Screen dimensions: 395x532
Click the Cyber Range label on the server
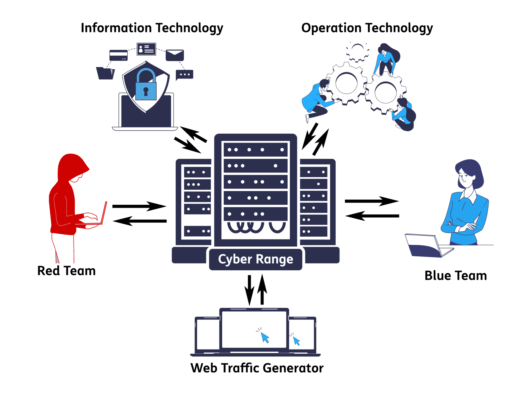pos(255,259)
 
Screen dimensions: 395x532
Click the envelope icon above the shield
pos(175,55)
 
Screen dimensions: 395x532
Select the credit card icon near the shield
pos(118,55)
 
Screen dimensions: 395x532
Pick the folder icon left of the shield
pos(105,73)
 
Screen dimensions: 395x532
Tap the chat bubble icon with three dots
pos(184,74)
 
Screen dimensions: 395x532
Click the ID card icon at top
pos(146,49)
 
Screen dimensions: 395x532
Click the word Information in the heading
pos(116,28)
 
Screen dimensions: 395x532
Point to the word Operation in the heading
pos(331,28)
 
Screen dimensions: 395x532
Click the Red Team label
pos(66,271)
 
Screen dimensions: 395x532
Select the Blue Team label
pos(455,276)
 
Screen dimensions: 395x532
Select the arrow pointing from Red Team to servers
pos(139,206)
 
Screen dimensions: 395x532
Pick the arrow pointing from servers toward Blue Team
pos(371,201)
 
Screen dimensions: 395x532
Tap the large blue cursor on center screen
pos(265,337)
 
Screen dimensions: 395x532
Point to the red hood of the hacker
pos(71,165)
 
